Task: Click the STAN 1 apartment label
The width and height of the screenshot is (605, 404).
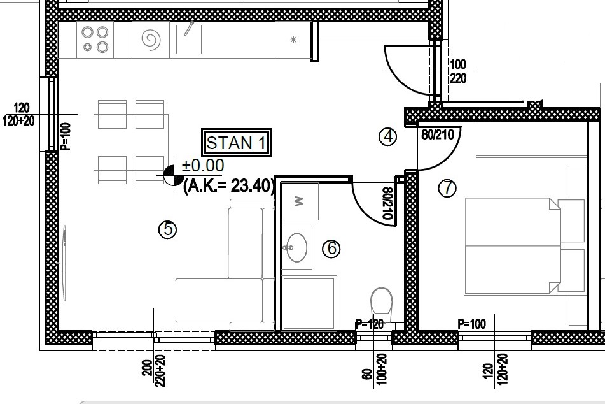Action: [x=237, y=143]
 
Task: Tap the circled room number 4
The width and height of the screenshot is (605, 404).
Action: [x=388, y=136]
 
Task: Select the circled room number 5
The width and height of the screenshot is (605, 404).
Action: [x=168, y=229]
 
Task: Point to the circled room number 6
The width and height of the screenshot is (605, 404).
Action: [x=331, y=249]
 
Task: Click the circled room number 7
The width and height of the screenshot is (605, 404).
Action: [x=447, y=188]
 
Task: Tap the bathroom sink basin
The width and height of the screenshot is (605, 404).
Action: [x=296, y=247]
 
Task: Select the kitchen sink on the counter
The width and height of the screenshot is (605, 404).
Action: [x=189, y=40]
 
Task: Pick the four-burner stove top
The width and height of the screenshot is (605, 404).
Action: [x=95, y=40]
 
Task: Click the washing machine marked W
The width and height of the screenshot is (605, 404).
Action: [x=300, y=201]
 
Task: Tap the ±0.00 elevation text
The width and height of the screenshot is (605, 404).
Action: [x=203, y=166]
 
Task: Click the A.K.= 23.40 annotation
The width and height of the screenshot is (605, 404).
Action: [x=229, y=186]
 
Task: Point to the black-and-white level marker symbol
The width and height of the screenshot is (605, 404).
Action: [x=174, y=175]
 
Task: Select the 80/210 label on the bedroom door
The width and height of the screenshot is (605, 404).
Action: [x=438, y=134]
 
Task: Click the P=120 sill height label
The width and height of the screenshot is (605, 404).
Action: [x=369, y=324]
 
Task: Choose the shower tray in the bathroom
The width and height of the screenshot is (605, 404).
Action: [x=309, y=303]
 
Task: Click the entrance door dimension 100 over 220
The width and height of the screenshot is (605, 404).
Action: [x=458, y=71]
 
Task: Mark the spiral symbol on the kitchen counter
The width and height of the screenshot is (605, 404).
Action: [x=151, y=40]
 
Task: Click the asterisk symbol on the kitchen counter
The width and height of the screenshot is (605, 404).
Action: [x=293, y=40]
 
